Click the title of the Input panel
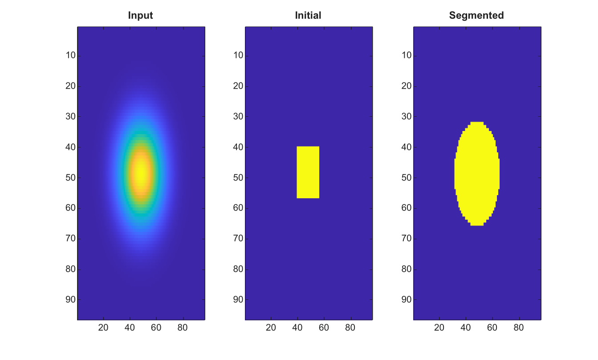[140, 16]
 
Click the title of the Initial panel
[308, 16]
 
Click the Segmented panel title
[476, 16]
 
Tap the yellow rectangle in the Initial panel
[308, 172]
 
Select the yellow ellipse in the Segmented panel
[477, 174]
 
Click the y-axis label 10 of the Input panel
[70, 55]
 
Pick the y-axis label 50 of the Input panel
[70, 178]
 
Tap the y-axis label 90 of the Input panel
[70, 300]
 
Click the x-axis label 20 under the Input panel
[103, 327]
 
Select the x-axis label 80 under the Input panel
[183, 327]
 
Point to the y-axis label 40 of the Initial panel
[238, 147]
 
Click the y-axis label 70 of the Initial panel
[238, 238]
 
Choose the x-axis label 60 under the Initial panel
[324, 327]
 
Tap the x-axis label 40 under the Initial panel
[297, 327]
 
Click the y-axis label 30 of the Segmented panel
[407, 116]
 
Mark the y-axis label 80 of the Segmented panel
[407, 269]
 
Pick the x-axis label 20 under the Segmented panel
[439, 327]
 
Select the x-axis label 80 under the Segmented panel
[519, 327]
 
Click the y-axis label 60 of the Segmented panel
[407, 208]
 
